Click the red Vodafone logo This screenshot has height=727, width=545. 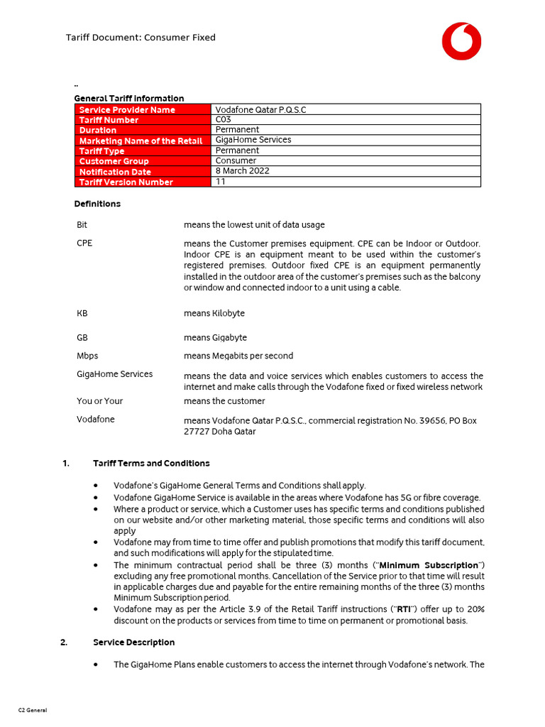tap(461, 40)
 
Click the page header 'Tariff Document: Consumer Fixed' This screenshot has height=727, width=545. tap(141, 38)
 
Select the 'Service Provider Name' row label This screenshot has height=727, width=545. tap(127, 110)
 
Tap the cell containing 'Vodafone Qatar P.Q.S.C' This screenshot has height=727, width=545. tap(261, 110)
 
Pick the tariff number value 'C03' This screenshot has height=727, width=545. tap(223, 120)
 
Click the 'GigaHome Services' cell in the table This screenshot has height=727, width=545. tap(253, 140)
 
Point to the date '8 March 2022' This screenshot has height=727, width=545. tap(242, 171)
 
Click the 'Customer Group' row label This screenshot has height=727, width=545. tap(114, 161)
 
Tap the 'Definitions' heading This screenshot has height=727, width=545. tap(97, 204)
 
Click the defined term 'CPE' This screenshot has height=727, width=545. tap(84, 243)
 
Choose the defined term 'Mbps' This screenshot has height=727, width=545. tap(87, 356)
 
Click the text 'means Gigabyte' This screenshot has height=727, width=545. tap(215, 338)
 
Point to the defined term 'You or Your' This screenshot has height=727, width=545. tap(99, 401)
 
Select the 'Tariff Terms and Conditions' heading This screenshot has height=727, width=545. tap(151, 464)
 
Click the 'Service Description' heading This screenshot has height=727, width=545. tap(133, 643)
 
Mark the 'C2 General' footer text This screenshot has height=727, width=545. tap(33, 710)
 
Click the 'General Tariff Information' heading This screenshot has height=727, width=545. tap(129, 99)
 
